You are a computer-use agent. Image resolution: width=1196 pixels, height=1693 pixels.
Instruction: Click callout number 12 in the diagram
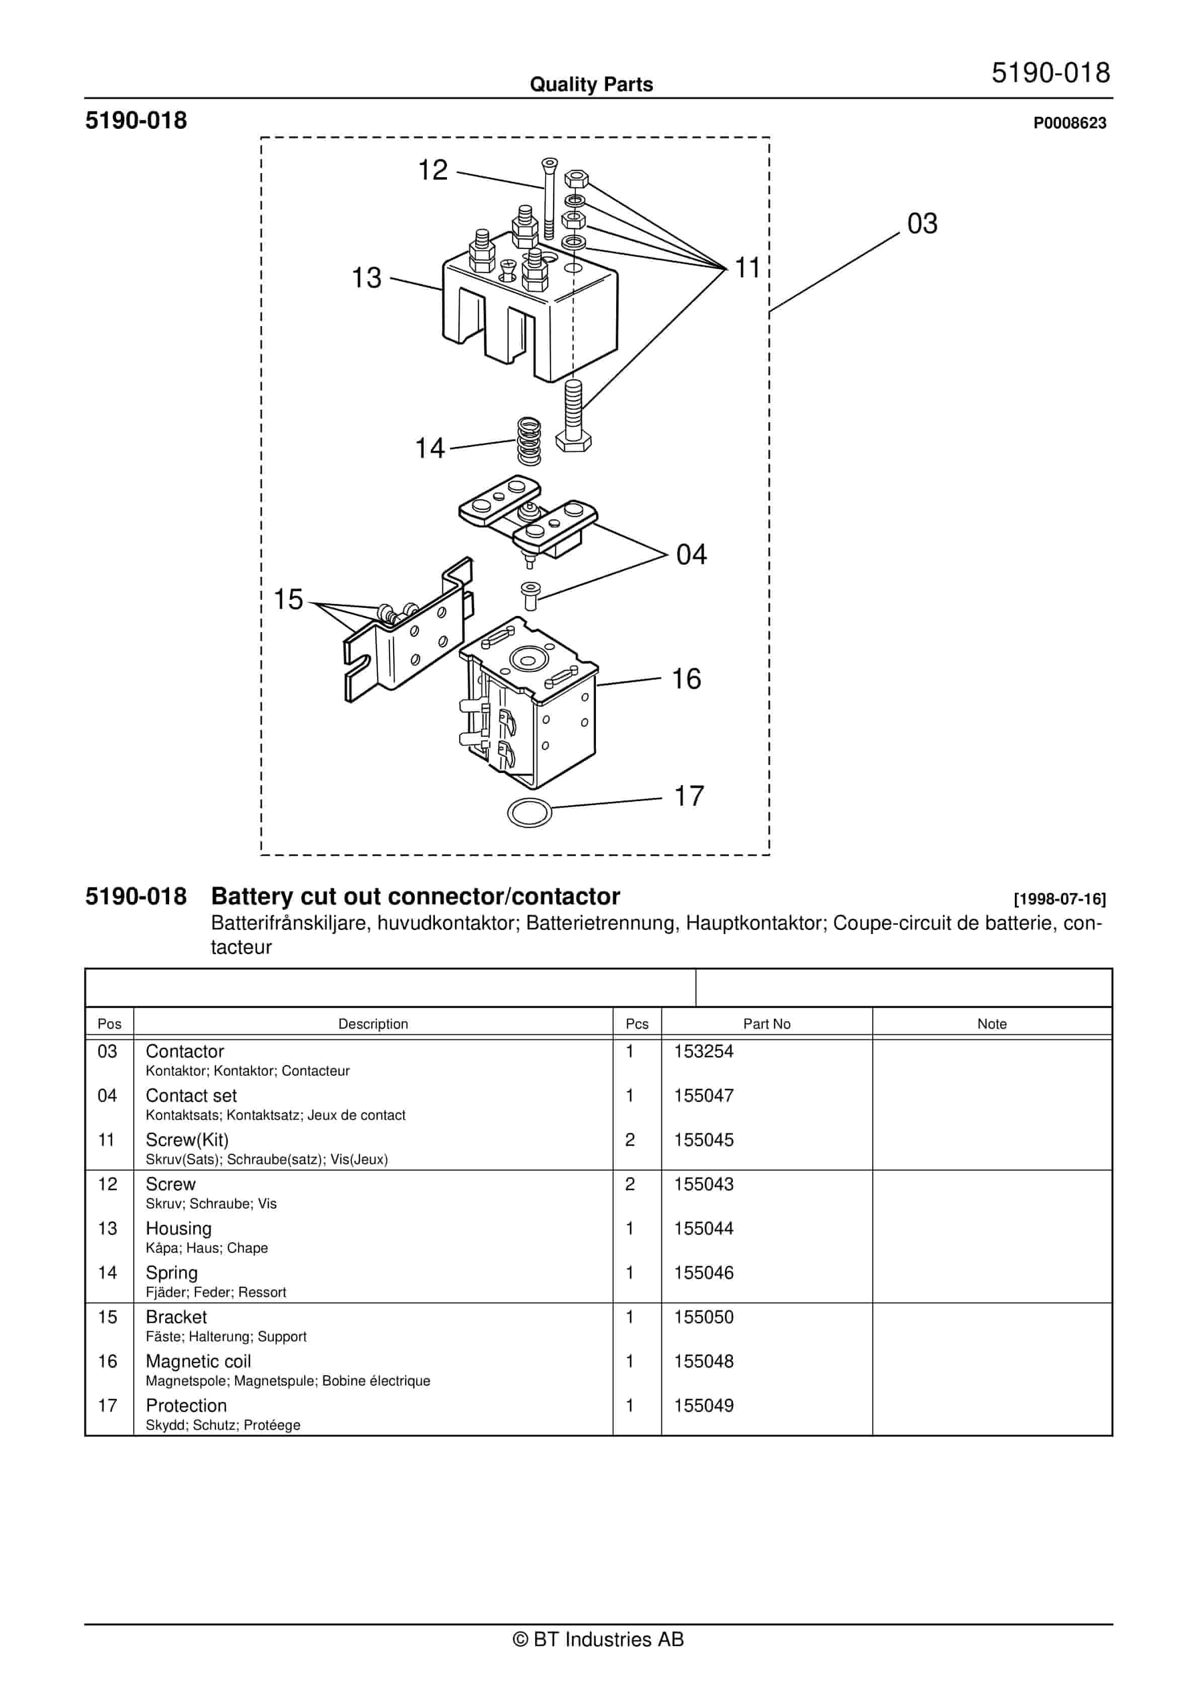[433, 170]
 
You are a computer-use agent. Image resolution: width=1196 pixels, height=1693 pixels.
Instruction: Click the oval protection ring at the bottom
[530, 813]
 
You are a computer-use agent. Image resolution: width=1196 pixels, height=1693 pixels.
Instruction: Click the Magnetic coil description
[198, 1361]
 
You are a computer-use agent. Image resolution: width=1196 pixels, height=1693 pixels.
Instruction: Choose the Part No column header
[766, 1024]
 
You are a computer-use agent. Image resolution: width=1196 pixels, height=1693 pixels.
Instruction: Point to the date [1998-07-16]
[1059, 899]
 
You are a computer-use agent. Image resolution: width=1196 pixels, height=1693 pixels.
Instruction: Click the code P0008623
[1069, 123]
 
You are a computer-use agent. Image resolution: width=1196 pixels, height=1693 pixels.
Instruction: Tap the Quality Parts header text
[591, 85]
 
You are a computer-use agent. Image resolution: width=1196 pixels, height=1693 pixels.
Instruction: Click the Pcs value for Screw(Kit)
[630, 1140]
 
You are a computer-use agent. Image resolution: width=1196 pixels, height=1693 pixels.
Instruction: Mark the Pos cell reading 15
[108, 1317]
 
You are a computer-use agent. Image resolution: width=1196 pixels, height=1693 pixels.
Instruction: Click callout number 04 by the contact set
[691, 555]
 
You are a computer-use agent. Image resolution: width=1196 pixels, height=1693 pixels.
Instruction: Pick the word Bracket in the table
[176, 1317]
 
